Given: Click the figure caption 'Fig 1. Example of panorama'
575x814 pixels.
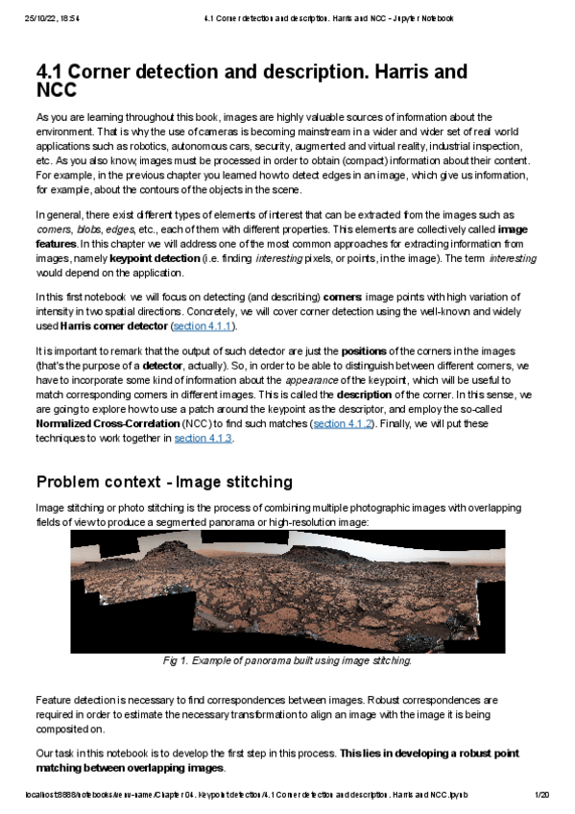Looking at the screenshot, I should point(287,661).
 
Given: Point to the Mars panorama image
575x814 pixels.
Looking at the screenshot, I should point(287,591).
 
